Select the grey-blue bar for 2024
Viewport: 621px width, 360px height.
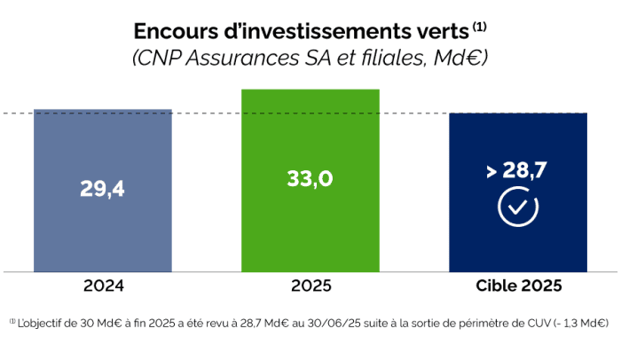click(x=103, y=231)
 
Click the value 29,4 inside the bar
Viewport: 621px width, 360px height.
click(x=102, y=189)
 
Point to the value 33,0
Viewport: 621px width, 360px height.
click(x=310, y=178)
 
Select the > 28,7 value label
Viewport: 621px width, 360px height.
click(x=517, y=172)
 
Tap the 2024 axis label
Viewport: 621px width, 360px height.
click(x=103, y=286)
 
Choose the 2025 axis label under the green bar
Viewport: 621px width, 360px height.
click(x=310, y=286)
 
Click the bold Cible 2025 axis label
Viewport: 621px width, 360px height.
click(x=518, y=286)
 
